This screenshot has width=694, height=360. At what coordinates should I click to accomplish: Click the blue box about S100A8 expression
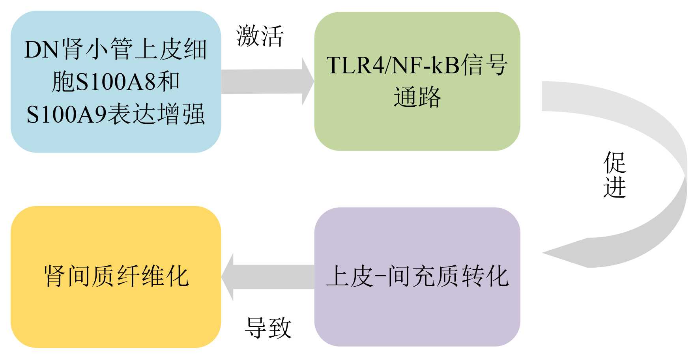(x=115, y=81)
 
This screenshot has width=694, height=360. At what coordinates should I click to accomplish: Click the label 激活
(x=260, y=36)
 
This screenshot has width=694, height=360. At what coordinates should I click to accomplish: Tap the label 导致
(x=268, y=328)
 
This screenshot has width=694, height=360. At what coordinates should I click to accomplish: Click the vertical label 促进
(x=615, y=174)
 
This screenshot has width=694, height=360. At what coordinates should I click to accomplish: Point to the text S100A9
(x=67, y=114)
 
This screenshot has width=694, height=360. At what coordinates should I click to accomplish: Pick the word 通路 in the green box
(x=417, y=97)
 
